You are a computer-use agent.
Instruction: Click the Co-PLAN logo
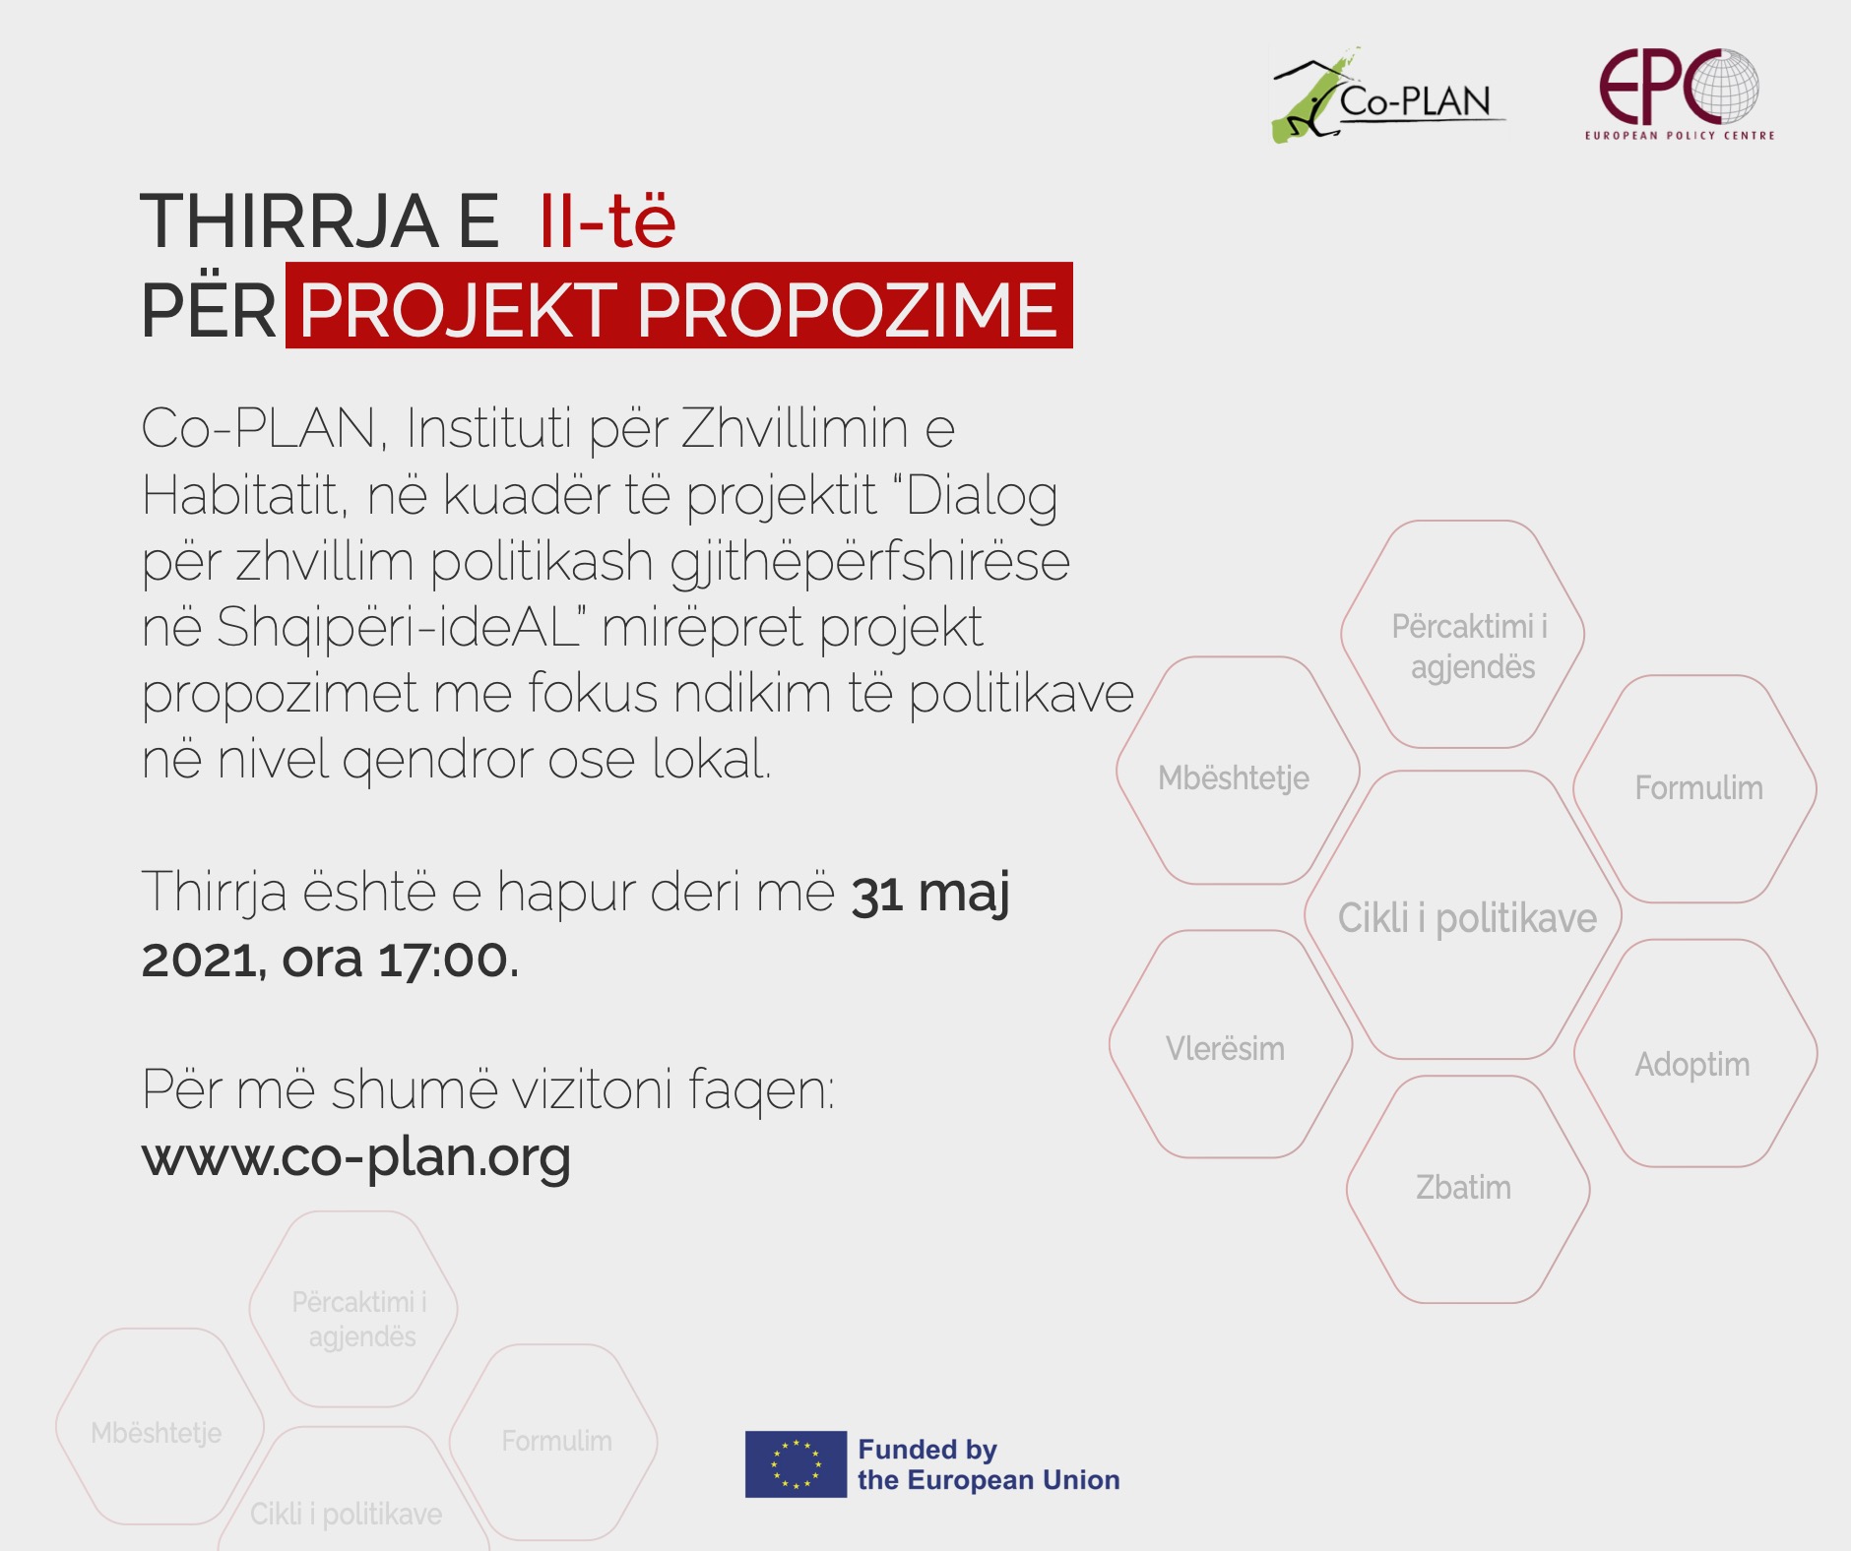click(x=1388, y=95)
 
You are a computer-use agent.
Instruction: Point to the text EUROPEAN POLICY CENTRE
click(x=1680, y=136)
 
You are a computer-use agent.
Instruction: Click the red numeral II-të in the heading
click(x=607, y=220)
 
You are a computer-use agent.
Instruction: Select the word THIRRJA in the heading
click(x=289, y=220)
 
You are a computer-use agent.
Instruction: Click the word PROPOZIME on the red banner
click(x=847, y=310)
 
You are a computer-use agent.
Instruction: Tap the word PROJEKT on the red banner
click(x=458, y=310)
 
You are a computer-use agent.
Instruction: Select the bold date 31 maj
click(x=930, y=894)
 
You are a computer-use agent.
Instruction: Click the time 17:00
click(x=448, y=959)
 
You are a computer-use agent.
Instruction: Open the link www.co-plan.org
click(x=356, y=1157)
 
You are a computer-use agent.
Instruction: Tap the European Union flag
click(x=796, y=1464)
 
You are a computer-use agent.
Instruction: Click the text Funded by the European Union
click(x=989, y=1464)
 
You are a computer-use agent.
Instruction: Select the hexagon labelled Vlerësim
click(x=1231, y=1044)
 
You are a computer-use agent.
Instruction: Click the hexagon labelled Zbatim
click(x=1468, y=1190)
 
